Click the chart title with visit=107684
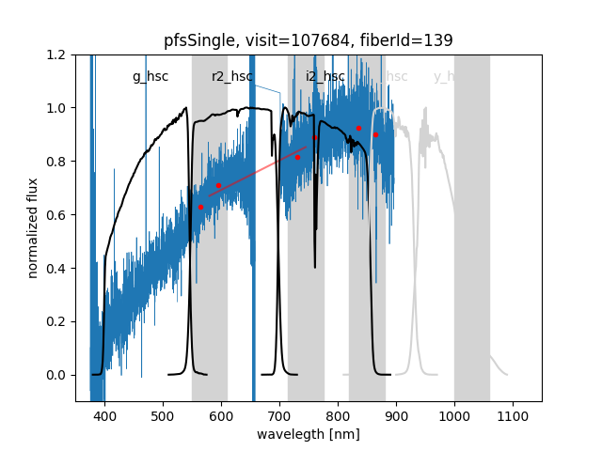(x=308, y=40)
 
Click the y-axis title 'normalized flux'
(x=33, y=227)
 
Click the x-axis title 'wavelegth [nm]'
(x=308, y=434)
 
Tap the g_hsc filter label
(x=150, y=77)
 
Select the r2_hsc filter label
(x=232, y=77)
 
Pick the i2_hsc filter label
(x=325, y=77)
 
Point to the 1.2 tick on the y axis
(x=56, y=54)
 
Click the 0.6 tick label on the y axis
(x=56, y=215)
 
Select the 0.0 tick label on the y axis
(x=56, y=375)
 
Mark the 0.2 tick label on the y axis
(x=56, y=321)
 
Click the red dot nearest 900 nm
(x=375, y=134)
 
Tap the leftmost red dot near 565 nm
(x=200, y=207)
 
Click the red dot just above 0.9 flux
(x=358, y=128)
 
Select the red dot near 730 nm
(x=297, y=157)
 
